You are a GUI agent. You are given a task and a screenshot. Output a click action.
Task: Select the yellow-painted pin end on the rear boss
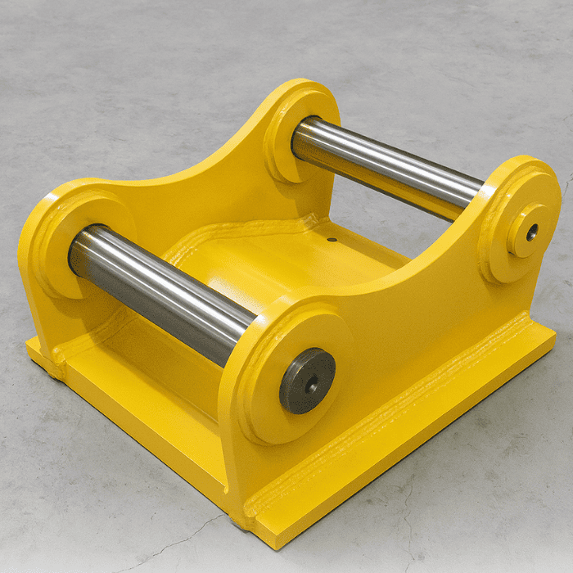tap(526, 231)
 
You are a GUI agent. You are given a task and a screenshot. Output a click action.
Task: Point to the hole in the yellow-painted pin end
tap(532, 232)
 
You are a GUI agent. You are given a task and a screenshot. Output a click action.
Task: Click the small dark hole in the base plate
tap(332, 241)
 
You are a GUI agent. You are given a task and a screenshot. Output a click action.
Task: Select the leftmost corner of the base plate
tap(29, 344)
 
